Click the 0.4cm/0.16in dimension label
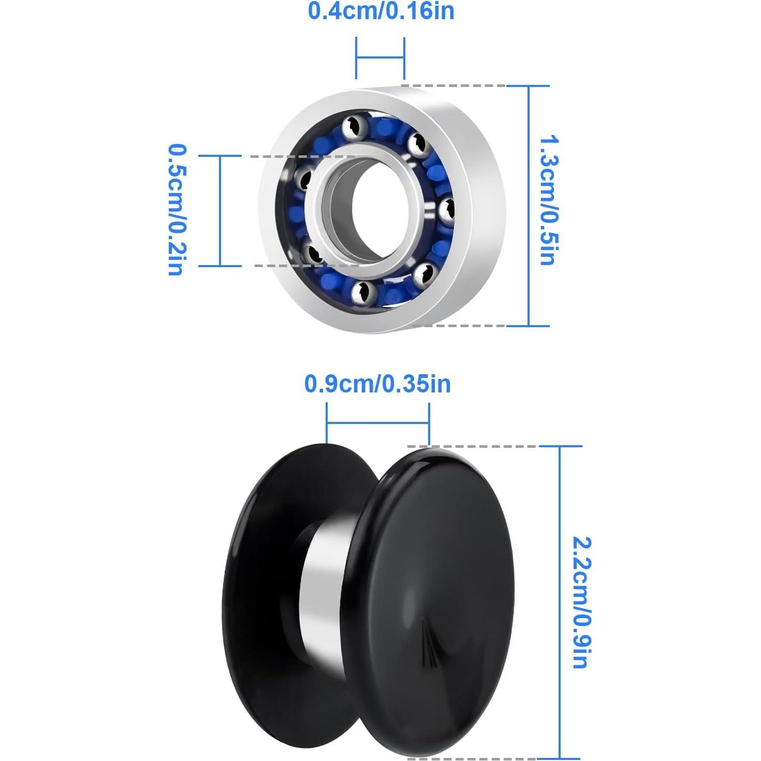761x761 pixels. tap(381, 11)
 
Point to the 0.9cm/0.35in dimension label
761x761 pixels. tap(377, 384)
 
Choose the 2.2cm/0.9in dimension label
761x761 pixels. tap(581, 603)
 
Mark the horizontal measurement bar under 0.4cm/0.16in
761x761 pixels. tap(380, 57)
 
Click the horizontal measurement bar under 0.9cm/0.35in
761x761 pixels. tap(377, 423)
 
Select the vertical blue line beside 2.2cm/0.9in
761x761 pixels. tap(560, 601)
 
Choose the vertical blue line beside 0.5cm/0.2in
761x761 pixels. tap(221, 211)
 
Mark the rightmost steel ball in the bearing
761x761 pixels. tap(446, 210)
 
